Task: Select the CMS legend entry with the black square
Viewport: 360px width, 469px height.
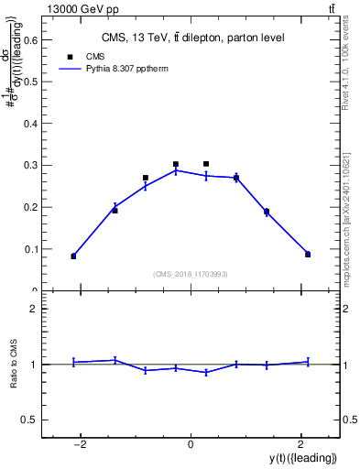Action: pos(82,56)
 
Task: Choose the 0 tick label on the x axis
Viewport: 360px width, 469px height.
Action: pos(191,445)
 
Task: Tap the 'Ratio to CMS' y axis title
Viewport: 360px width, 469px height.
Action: pos(14,365)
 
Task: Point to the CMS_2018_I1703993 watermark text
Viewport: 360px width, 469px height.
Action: pos(191,274)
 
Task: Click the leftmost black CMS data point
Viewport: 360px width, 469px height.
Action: pos(73,256)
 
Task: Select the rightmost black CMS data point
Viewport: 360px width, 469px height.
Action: pos(308,254)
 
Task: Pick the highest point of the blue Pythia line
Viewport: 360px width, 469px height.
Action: pos(176,170)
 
